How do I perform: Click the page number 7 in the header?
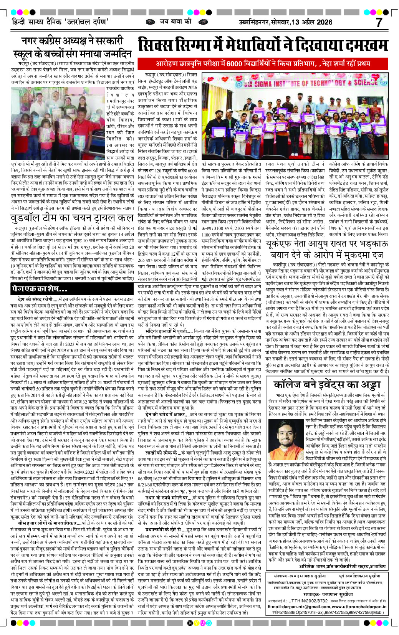point(379,22)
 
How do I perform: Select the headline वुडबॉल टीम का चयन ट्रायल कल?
point(72,218)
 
